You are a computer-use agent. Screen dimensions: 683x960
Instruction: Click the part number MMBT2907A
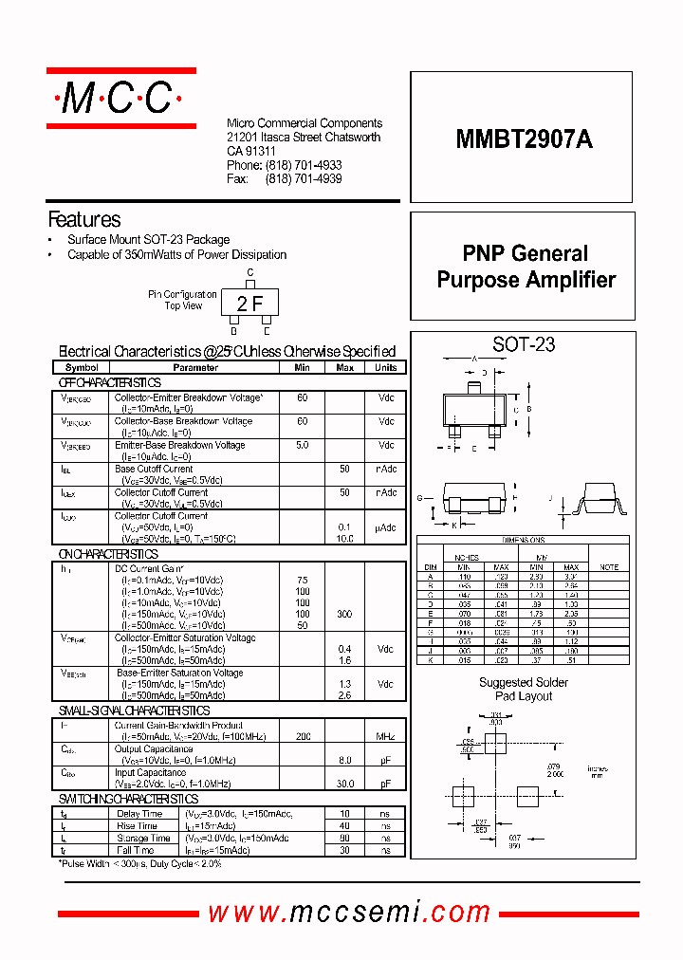pos(525,138)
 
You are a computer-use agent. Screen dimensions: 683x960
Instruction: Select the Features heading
pos(84,219)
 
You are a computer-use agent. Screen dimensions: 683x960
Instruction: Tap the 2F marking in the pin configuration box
pos(250,304)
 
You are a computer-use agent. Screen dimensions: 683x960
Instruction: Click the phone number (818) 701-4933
pos(304,165)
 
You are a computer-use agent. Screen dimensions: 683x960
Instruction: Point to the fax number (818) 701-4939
pos(304,178)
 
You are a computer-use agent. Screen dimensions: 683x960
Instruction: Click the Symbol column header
pos(82,367)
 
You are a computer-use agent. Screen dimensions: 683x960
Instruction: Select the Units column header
pos(386,367)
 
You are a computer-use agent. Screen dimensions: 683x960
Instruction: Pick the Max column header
pos(344,367)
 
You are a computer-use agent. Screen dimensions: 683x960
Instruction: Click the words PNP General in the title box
pos(525,253)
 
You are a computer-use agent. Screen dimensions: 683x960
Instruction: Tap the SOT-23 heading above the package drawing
pos(524,344)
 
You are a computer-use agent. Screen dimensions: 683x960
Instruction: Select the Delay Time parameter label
pos(138,814)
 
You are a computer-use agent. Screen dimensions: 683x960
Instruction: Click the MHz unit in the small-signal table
pos(386,737)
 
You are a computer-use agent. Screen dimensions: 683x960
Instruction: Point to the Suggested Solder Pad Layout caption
pos(524,689)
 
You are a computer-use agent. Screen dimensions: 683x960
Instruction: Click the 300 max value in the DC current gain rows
pos(344,615)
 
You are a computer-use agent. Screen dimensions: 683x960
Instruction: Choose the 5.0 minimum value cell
pos(302,445)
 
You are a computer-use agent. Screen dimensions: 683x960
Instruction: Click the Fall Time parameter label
pos(136,850)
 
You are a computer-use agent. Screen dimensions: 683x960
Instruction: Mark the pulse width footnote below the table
pos(140,864)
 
